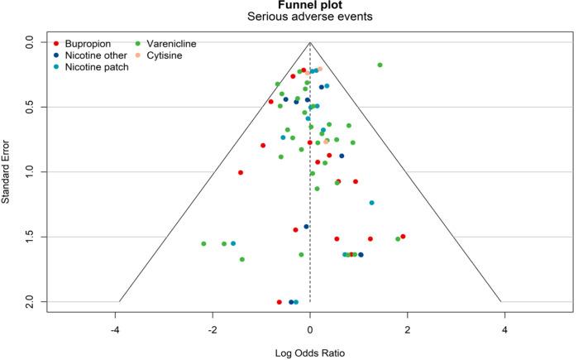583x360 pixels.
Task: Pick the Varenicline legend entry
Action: pos(172,43)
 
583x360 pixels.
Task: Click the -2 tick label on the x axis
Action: pos(213,329)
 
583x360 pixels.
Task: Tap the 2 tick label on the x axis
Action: pos(407,329)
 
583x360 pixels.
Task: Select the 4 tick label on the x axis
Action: pos(504,329)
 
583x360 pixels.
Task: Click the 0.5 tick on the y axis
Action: pos(31,107)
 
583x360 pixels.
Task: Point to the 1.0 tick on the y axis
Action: pos(31,171)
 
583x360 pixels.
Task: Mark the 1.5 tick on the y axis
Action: pos(31,237)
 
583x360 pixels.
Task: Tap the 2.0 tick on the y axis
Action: pos(31,301)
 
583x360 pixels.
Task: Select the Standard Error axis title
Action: pos(7,171)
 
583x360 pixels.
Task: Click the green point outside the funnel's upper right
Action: pos(380,65)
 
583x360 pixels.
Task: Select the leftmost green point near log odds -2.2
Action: pos(203,243)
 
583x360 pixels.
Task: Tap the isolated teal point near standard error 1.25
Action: pos(371,203)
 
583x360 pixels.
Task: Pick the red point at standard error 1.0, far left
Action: pos(241,172)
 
